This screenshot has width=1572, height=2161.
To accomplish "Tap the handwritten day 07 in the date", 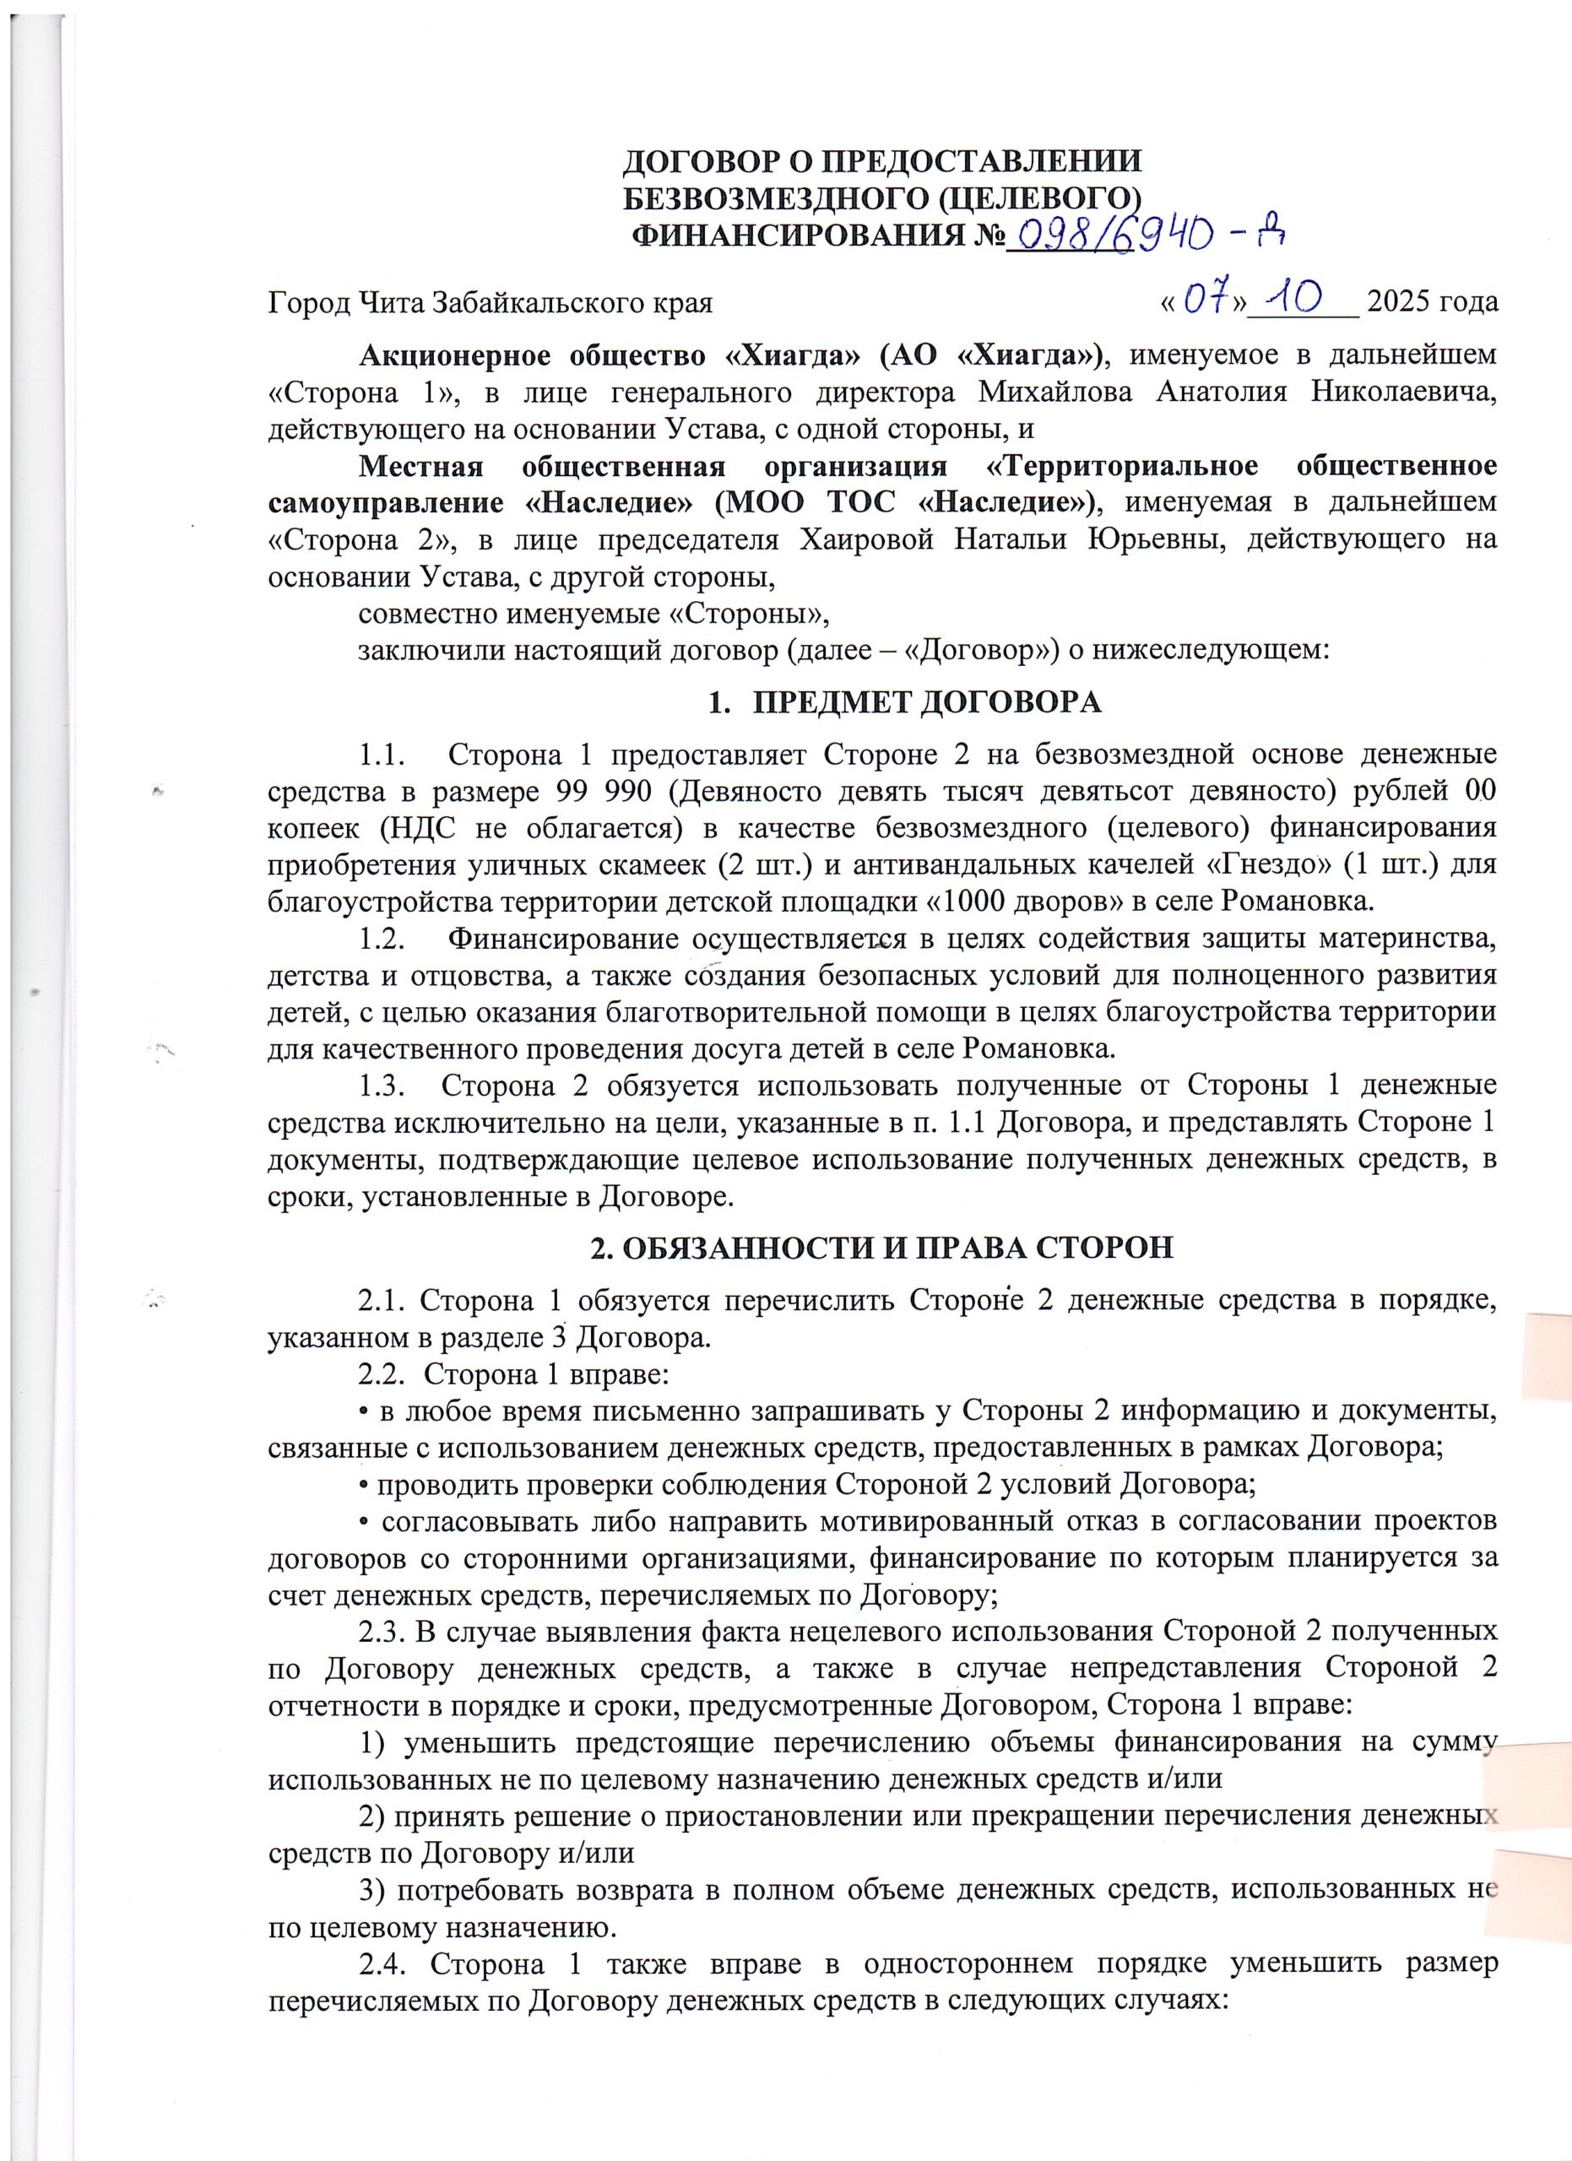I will click(1208, 302).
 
